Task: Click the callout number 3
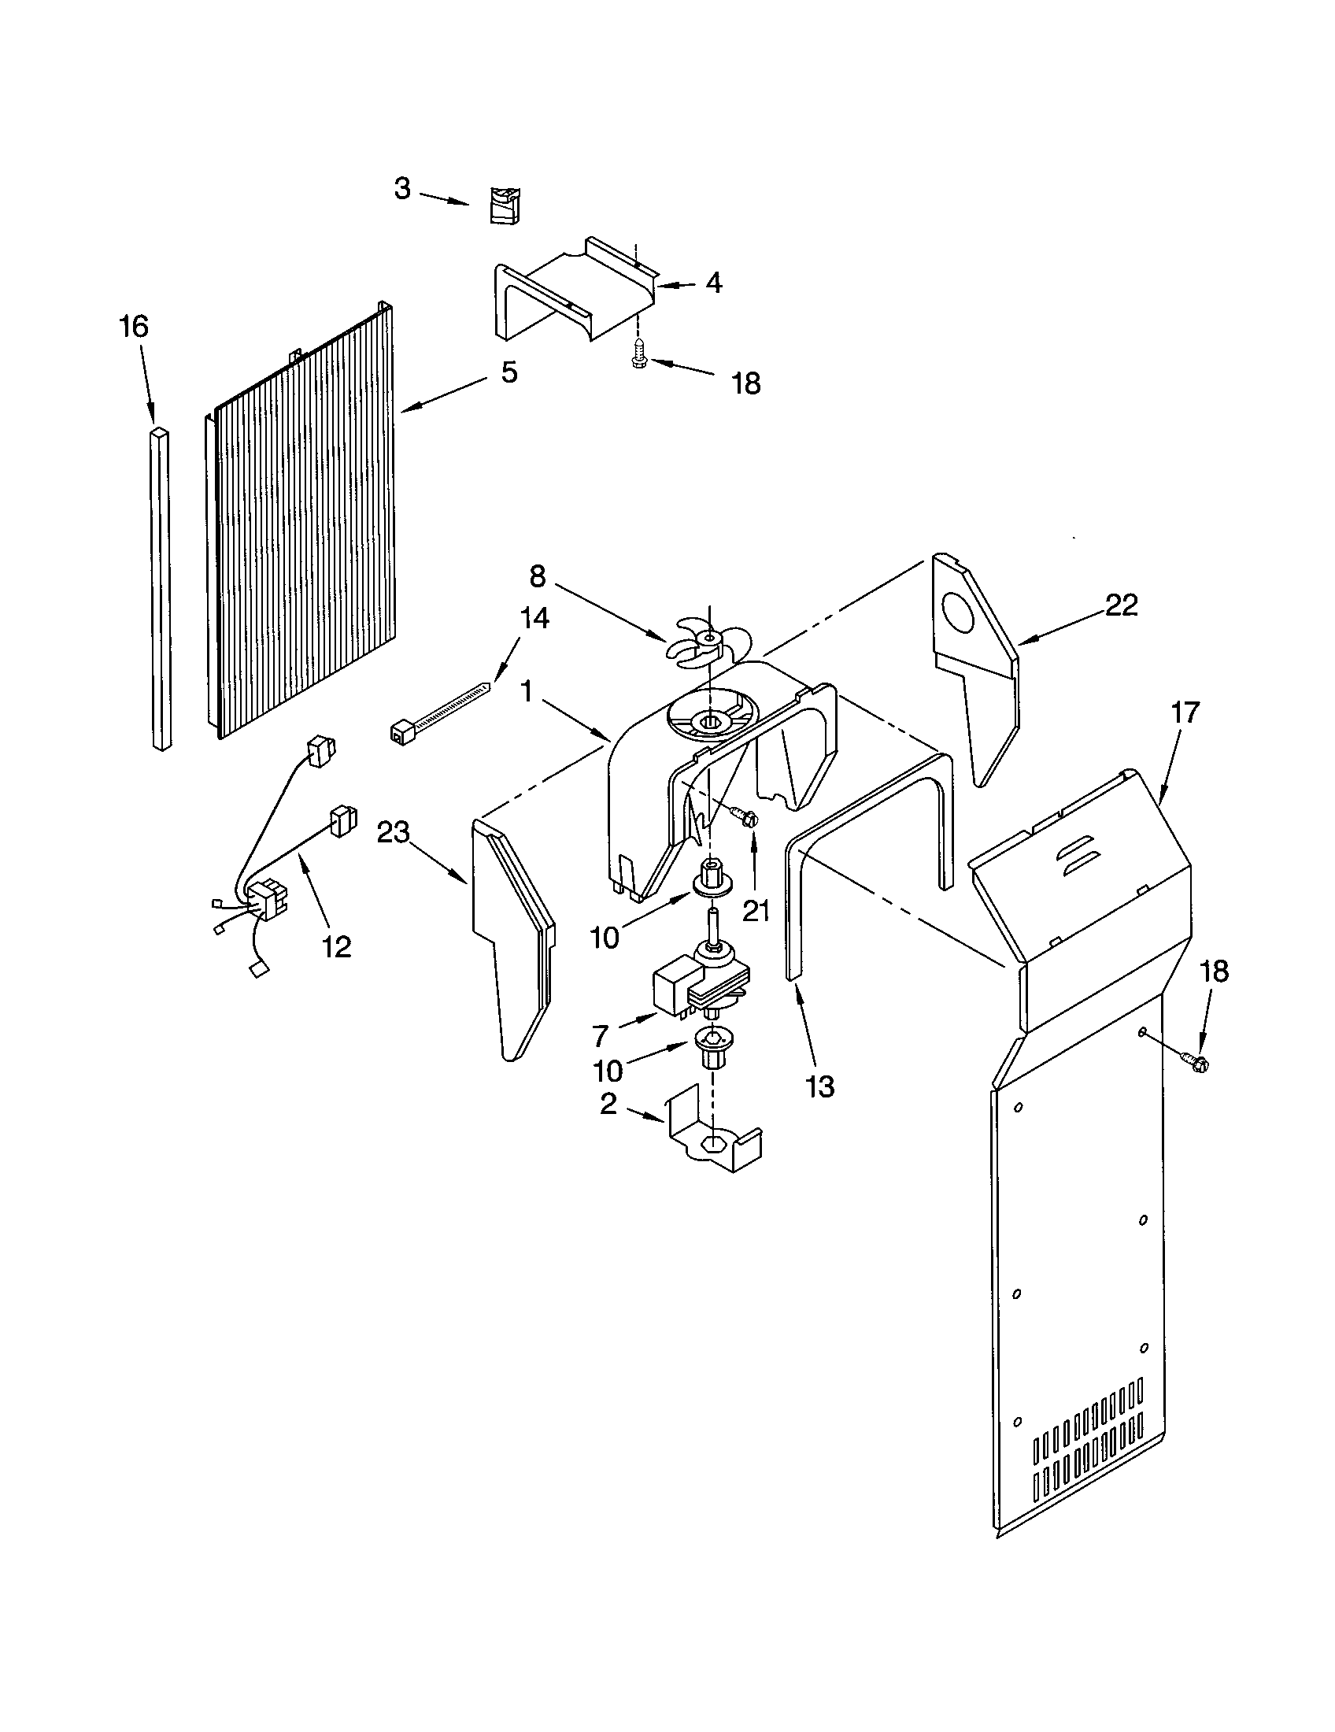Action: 403,189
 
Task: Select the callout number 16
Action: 134,326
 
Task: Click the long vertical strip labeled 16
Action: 160,587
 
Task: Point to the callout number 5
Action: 509,372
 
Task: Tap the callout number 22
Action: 1122,605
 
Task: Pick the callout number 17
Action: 1185,712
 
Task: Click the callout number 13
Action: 819,1086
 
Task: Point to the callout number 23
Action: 394,833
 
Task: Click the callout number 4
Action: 713,283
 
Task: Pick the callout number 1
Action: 527,691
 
